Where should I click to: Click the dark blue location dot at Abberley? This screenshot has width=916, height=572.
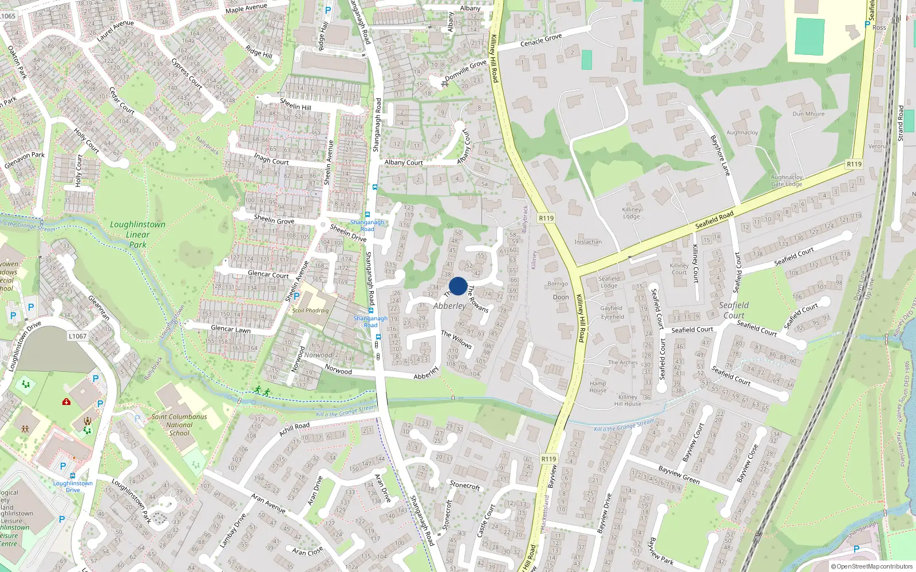click(458, 286)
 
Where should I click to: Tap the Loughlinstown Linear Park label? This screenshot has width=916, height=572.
click(137, 235)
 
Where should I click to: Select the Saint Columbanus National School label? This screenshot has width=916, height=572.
click(179, 425)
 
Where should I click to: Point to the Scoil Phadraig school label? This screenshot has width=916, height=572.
click(310, 311)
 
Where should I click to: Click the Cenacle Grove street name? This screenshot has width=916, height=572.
click(541, 40)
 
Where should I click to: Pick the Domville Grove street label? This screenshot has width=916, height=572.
click(465, 70)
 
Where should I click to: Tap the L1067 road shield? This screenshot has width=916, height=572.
click(78, 336)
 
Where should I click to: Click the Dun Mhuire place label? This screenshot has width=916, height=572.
click(808, 114)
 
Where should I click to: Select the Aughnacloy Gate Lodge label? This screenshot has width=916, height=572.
click(787, 181)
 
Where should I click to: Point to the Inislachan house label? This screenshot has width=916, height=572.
click(588, 242)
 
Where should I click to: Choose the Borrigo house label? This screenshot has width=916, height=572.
click(557, 284)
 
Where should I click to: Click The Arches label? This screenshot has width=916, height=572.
click(622, 363)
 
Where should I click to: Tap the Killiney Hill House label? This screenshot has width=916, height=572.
click(627, 400)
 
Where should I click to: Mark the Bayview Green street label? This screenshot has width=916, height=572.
click(678, 475)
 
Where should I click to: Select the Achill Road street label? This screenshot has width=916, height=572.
click(294, 429)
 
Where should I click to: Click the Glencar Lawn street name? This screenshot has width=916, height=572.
click(231, 329)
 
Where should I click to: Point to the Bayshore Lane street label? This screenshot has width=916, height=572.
click(720, 156)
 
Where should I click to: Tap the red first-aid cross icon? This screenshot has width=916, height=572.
click(66, 402)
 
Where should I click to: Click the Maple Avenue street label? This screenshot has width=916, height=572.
click(246, 9)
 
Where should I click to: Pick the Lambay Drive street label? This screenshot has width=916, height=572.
click(232, 530)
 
